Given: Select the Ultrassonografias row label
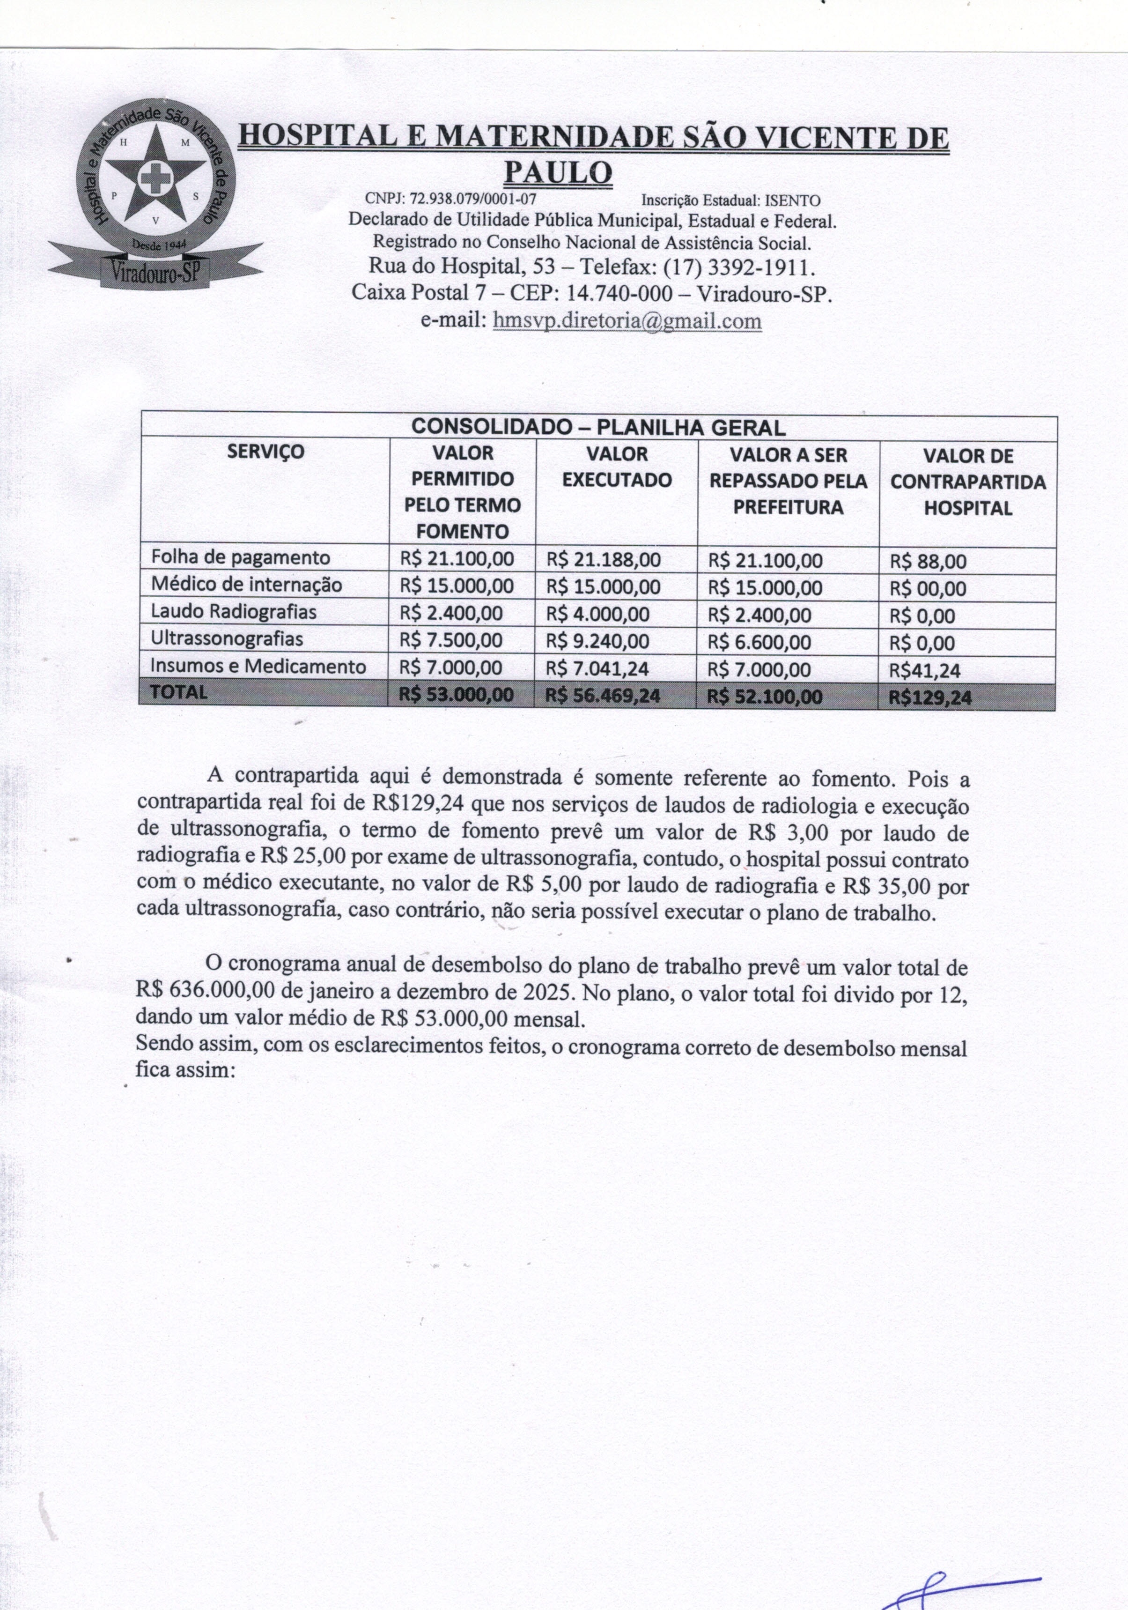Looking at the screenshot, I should [227, 639].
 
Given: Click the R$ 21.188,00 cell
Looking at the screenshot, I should [603, 560].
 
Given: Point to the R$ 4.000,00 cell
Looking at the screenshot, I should [597, 614].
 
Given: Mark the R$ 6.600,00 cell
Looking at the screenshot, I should [759, 642].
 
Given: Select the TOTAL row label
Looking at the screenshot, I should [179, 692].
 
